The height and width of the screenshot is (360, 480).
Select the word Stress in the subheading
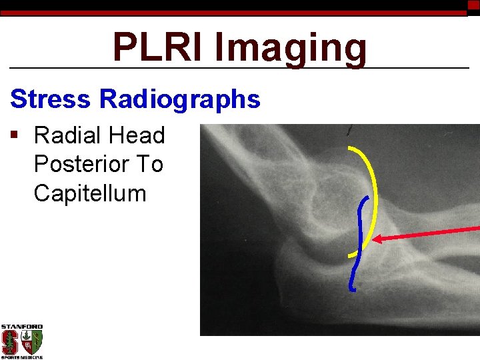(51, 99)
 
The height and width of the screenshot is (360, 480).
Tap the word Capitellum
(89, 193)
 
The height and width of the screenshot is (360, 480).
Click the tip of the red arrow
(374, 239)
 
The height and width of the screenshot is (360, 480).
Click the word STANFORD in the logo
(21, 327)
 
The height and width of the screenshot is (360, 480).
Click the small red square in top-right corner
(473, 4)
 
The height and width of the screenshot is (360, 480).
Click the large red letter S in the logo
(10, 342)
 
